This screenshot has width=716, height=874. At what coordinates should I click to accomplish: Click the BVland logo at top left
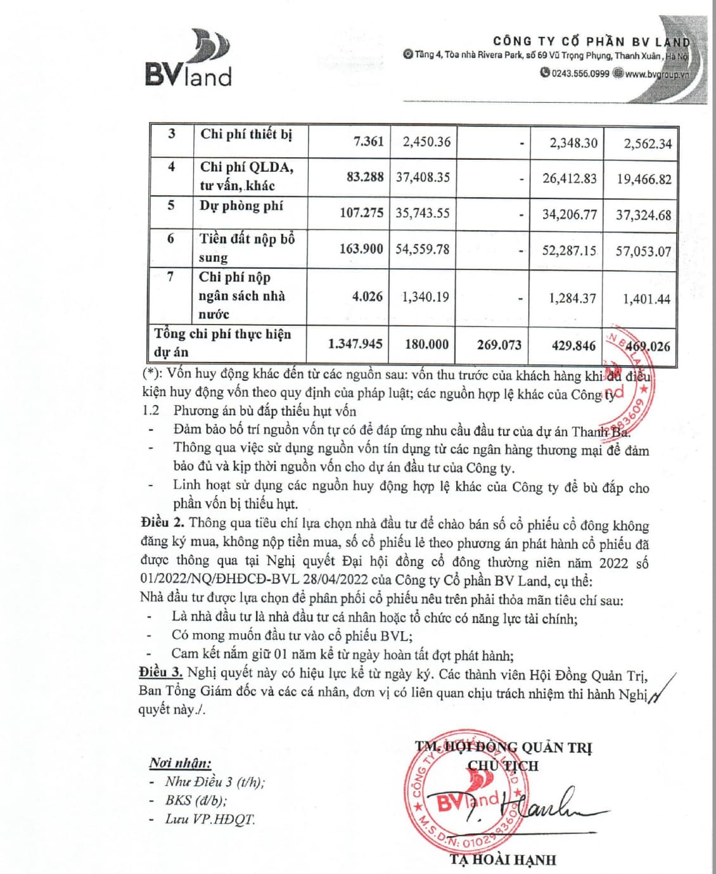tap(189, 58)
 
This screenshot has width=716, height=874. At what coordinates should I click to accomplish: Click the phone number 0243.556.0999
tap(580, 74)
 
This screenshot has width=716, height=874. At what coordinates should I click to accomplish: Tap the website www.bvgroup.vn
tap(656, 74)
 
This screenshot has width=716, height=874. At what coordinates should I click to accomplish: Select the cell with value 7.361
tap(369, 141)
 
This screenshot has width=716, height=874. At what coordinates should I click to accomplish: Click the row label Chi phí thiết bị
tap(246, 134)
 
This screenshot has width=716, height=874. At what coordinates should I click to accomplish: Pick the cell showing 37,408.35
tap(423, 177)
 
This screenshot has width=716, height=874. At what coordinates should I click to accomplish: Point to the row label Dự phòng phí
tap(241, 206)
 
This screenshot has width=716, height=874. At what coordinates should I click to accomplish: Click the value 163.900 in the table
tap(361, 249)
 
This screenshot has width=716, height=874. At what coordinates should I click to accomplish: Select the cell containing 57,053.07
tap(643, 252)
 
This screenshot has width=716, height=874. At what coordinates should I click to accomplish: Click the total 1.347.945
tap(355, 344)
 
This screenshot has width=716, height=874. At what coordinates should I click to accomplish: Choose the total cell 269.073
tap(499, 345)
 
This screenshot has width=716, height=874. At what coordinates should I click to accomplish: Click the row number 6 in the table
tap(170, 239)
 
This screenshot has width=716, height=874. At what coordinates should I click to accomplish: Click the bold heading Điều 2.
tap(163, 523)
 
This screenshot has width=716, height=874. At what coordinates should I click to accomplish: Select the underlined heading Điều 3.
tap(161, 672)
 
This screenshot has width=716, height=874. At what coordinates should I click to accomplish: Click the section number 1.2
tap(151, 411)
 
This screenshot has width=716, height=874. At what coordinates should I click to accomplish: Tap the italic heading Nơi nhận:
tap(180, 763)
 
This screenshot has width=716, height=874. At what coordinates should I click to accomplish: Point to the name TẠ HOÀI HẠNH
tap(502, 860)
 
